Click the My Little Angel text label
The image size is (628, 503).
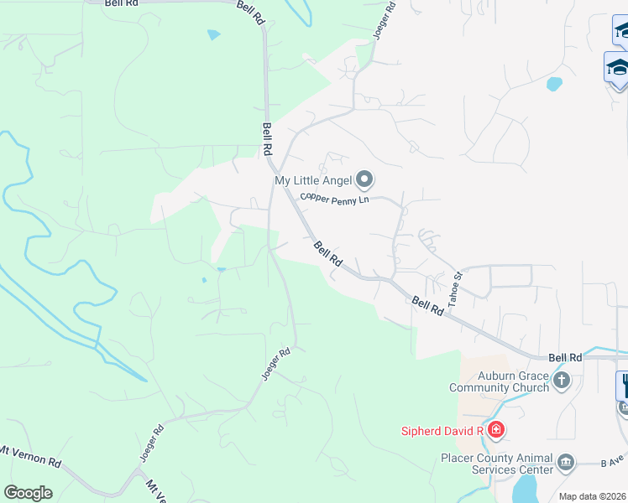tap(314, 180)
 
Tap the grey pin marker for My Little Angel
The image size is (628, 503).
tap(364, 179)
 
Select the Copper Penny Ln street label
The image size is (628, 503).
tap(335, 200)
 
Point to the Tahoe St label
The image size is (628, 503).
tap(456, 288)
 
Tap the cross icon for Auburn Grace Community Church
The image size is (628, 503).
tap(562, 381)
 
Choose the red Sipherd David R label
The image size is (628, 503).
tap(441, 431)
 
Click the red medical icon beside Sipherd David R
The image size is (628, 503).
tap(496, 431)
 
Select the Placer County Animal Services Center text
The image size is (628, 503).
tap(497, 464)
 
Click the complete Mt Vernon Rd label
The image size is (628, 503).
tap(31, 457)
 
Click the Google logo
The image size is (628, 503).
tap(28, 493)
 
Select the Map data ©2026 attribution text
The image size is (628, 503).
tap(592, 496)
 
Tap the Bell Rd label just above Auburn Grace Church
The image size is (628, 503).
tap(565, 357)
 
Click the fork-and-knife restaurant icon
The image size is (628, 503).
tap(624, 386)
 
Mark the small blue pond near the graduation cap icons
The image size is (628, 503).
tap(554, 84)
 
